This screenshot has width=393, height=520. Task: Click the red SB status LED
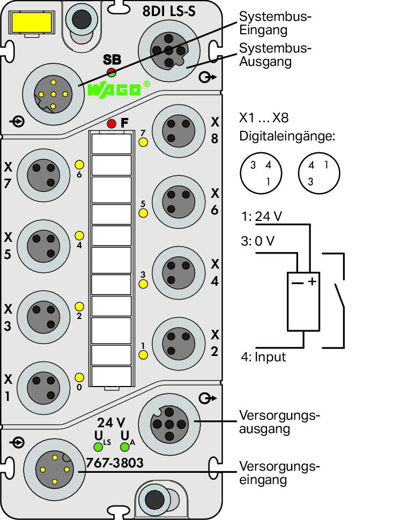112,70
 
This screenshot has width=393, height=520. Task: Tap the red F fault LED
112,124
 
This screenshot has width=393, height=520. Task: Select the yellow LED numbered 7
143,142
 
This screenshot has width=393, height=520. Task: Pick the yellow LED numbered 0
79,377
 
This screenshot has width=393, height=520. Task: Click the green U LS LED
98,447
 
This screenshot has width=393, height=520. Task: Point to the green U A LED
125,447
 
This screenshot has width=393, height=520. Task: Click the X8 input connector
179,131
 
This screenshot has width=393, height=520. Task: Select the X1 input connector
43,388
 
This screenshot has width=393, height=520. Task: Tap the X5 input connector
43,246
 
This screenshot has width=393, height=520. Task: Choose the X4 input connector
179,273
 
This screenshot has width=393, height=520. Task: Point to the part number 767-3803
115,463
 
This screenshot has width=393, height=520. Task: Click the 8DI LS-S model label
169,11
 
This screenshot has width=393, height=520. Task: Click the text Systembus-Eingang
275,23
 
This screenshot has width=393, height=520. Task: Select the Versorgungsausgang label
279,422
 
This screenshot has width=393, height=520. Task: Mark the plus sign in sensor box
312,281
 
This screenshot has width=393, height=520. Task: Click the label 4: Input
263,357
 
